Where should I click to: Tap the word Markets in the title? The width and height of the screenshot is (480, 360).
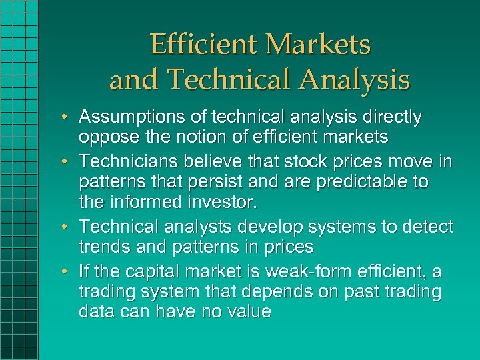point(318,45)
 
